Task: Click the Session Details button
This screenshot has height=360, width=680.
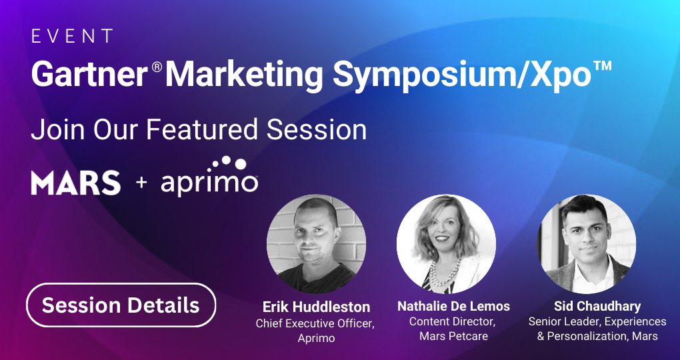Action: coord(121,305)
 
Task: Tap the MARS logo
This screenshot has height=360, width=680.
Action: coord(76,183)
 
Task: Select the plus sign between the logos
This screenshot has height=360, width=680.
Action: coord(141,183)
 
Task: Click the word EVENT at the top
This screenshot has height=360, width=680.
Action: coord(72,37)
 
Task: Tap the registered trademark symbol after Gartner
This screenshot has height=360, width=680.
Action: coord(157,67)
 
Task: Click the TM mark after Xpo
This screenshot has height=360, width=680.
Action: coord(603,66)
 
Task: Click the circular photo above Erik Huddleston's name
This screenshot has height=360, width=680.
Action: coord(316,244)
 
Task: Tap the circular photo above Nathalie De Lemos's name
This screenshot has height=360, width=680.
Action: coord(446,244)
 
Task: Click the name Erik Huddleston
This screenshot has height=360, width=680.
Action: coord(316,307)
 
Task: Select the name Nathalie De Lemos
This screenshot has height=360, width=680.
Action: coord(453,307)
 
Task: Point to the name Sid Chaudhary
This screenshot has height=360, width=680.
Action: coord(597,307)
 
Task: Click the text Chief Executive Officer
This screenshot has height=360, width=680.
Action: coord(315,323)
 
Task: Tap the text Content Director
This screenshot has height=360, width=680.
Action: coord(452,322)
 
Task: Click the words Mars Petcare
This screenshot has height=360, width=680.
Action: coord(453,336)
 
